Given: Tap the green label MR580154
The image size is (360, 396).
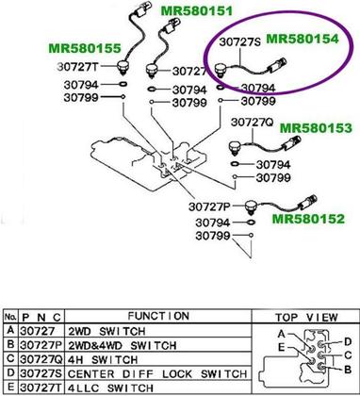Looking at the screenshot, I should point(303,39).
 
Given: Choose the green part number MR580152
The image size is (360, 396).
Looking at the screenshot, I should point(307,220).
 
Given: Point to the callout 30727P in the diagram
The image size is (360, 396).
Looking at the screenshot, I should point(224,206).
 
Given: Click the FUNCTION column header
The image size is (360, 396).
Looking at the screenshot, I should point(159,317).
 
